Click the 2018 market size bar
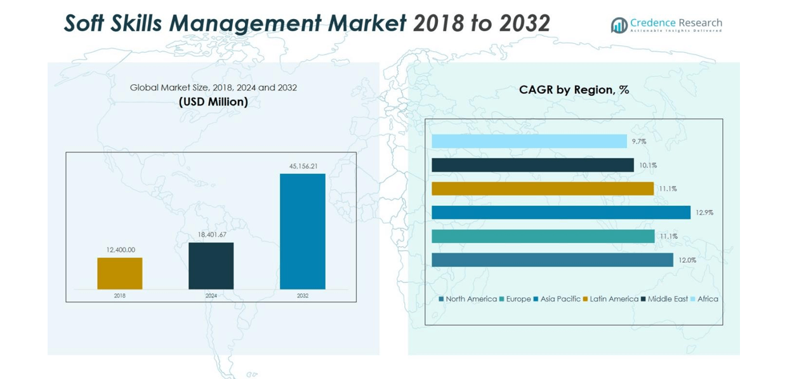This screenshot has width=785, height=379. tap(119, 274)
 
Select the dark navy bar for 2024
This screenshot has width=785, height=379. tap(211, 266)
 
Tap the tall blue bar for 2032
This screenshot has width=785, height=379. tap(302, 231)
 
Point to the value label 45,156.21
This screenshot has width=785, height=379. tap(303, 166)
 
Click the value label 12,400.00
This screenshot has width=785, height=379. tap(121, 250)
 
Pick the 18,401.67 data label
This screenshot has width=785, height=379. tap(212, 235)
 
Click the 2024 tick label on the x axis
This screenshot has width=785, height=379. tap(211, 296)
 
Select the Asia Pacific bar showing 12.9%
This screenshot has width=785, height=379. tap(560, 213)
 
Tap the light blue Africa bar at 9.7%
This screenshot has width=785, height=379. tap(529, 142)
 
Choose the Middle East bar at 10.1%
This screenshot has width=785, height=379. tap(532, 165)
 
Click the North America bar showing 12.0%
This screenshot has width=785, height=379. tap(552, 260)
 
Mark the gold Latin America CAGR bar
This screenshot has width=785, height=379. tap(542, 189)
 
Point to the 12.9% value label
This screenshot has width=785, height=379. tap(704, 213)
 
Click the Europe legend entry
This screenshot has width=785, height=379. tap(515, 299)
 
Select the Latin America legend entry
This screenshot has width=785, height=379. tap(610, 299)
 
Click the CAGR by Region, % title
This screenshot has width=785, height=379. tap(574, 90)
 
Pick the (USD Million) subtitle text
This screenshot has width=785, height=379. tap(213, 102)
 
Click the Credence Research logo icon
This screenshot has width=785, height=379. tap(619, 25)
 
